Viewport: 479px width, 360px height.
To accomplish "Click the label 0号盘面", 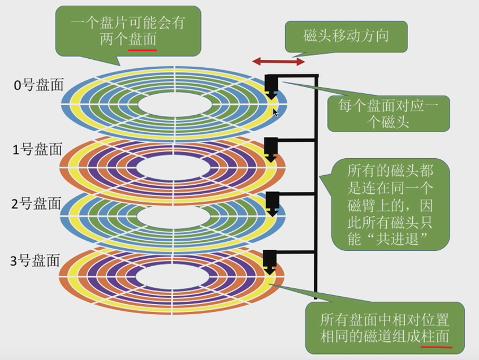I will pyautogui.click(x=39, y=85).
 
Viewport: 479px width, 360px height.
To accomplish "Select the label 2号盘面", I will pyautogui.click(x=37, y=203).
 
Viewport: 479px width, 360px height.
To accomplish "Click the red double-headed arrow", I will pyautogui.click(x=278, y=61).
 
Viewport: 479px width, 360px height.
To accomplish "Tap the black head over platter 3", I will pyautogui.click(x=271, y=261).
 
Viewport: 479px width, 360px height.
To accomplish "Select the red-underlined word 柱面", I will pyautogui.click(x=437, y=336).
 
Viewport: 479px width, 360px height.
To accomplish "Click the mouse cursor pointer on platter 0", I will pyautogui.click(x=275, y=112).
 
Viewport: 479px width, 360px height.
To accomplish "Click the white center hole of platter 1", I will pyautogui.click(x=174, y=167).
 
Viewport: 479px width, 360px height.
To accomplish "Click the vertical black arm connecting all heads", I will pyautogui.click(x=317, y=186).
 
